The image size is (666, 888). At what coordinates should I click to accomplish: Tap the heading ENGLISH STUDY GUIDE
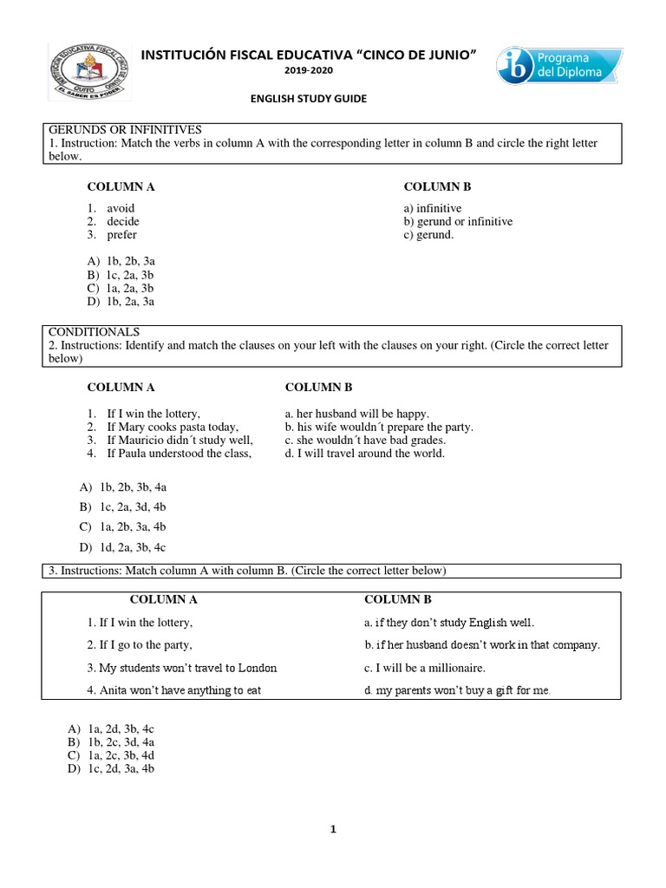click(x=309, y=99)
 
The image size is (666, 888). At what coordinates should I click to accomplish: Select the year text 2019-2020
click(x=309, y=69)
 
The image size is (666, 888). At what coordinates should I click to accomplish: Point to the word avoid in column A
click(x=121, y=208)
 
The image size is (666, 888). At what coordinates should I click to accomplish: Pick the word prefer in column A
click(x=121, y=234)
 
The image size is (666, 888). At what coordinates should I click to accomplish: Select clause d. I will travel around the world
click(x=364, y=453)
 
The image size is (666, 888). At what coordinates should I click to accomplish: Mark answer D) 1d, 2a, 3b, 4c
click(x=122, y=547)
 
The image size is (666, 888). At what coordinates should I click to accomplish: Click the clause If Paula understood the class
click(x=179, y=453)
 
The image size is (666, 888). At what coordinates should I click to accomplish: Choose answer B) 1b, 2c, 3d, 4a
click(x=121, y=742)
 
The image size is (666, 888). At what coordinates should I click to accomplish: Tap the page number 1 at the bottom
click(x=332, y=829)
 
